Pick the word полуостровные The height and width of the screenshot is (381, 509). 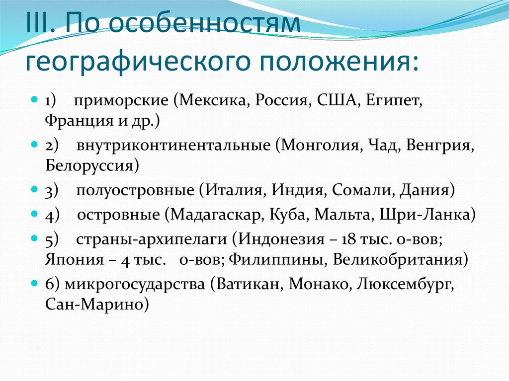pyautogui.click(x=135, y=190)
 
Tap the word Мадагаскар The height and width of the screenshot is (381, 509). pyautogui.click(x=216, y=215)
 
